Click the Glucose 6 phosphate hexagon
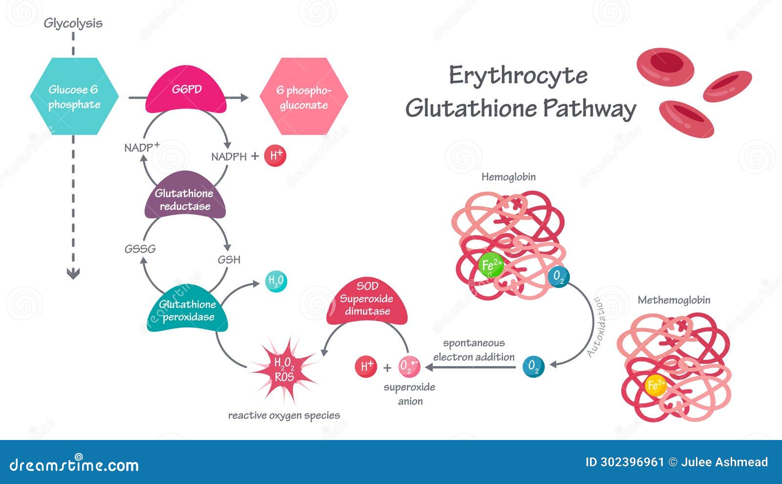pos(74,96)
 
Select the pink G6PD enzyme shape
pos(186,91)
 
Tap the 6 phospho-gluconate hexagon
pos(304,96)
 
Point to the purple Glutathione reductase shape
pos(185,198)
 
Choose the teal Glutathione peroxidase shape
pos(188,310)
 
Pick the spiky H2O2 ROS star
pos(284,369)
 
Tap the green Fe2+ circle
pos(490,265)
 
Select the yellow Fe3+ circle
pos(655,385)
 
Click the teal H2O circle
pos(276,281)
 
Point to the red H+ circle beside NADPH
pos(275,156)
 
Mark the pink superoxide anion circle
pos(409,366)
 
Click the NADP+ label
pos(142,147)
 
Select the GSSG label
pos(140,249)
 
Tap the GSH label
pos(229,260)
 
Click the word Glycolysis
pos(73,23)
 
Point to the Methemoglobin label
pos(673,300)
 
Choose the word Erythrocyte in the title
pos(518,76)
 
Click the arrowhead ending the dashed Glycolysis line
pos(73,274)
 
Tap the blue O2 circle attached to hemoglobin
pos(559,277)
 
